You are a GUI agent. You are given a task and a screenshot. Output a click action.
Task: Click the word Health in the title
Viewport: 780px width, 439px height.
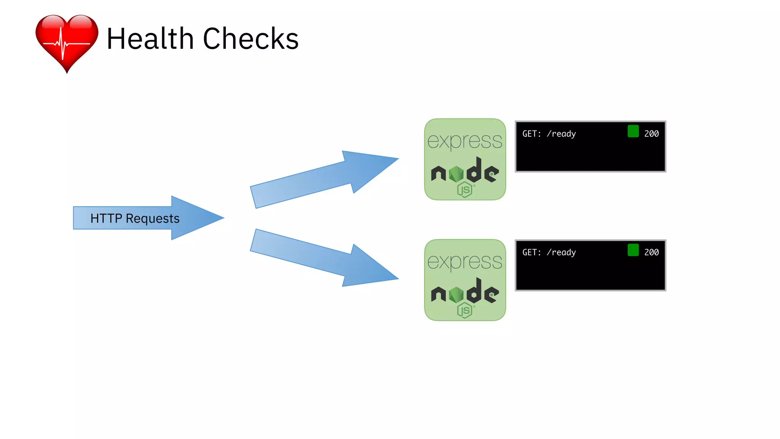point(150,38)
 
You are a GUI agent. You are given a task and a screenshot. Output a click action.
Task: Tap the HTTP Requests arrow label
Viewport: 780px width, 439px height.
point(135,218)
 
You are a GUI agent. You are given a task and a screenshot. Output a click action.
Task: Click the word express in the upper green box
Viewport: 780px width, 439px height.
point(465,141)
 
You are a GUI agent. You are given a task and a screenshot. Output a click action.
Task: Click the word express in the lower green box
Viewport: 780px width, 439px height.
point(465,262)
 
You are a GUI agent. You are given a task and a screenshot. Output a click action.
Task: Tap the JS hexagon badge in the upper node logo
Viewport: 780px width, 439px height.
point(465,190)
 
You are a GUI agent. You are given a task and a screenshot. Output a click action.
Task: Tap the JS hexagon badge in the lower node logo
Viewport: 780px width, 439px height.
point(465,311)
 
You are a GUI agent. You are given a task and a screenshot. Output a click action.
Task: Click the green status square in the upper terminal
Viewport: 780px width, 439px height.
point(633,131)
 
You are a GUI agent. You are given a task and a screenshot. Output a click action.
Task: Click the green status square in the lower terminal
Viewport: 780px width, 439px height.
point(633,250)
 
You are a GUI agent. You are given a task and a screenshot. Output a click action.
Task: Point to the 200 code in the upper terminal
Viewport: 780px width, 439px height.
point(651,134)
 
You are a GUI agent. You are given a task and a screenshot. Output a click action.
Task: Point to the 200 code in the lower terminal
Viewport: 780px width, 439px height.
point(651,252)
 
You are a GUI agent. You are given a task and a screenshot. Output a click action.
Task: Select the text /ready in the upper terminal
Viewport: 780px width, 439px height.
point(561,134)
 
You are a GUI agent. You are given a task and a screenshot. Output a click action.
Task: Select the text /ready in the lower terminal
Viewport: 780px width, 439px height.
point(561,252)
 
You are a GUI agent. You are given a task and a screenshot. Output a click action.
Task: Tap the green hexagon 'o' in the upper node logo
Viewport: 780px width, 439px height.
point(456,175)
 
